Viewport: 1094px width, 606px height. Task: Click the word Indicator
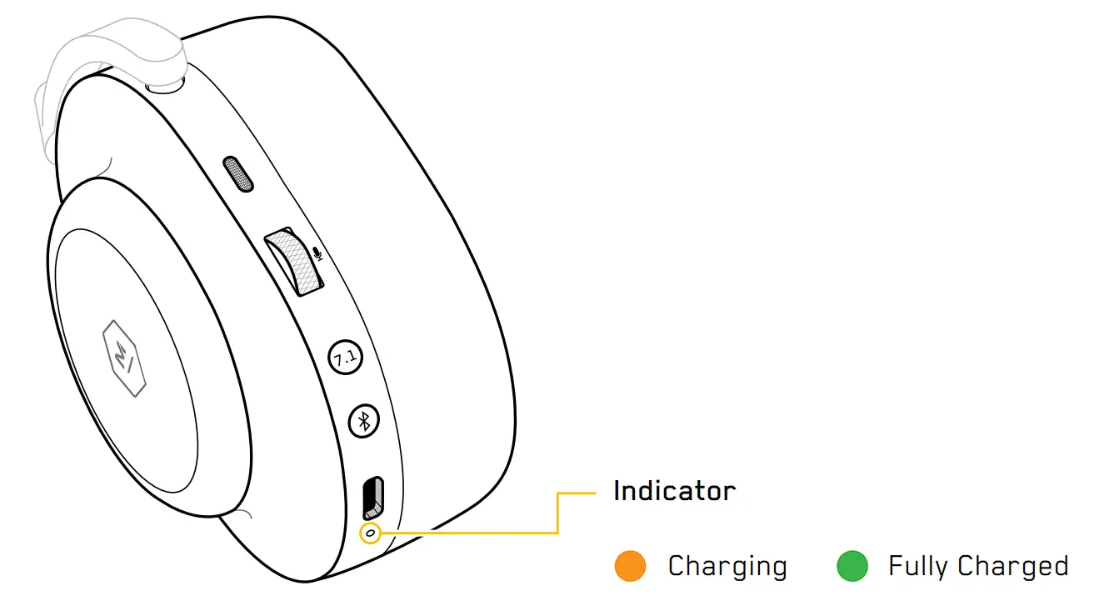(x=674, y=491)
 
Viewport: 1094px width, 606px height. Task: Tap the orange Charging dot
(x=630, y=566)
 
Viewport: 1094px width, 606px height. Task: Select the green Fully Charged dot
(x=852, y=566)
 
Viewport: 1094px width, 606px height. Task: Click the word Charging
(x=727, y=567)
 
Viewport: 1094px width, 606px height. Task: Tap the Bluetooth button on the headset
(x=363, y=423)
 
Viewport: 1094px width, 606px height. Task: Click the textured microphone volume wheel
(x=292, y=261)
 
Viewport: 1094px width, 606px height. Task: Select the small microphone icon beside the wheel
(x=317, y=252)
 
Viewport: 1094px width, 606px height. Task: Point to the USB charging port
(x=372, y=498)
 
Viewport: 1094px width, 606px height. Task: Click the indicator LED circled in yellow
(x=369, y=532)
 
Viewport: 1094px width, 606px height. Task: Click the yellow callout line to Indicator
(x=557, y=513)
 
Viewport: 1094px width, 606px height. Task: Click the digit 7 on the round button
(x=340, y=358)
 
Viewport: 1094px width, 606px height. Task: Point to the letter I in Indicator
(x=617, y=491)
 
